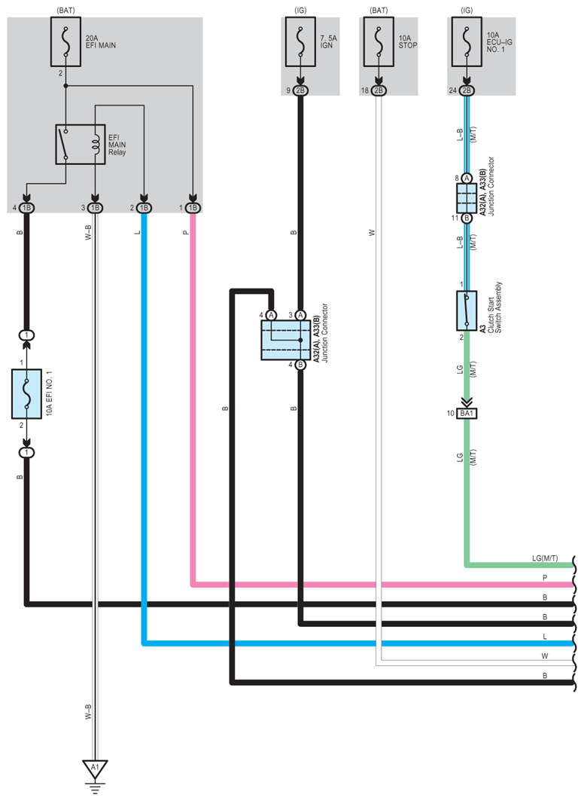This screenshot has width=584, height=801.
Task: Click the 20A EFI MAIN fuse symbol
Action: click(65, 42)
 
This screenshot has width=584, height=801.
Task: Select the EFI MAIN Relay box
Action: click(80, 145)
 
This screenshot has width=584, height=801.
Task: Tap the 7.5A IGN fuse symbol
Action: click(300, 42)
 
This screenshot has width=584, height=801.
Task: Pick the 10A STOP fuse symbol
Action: click(379, 42)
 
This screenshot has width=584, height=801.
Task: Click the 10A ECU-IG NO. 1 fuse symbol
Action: click(467, 42)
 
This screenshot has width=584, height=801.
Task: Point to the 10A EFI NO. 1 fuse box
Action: click(26, 394)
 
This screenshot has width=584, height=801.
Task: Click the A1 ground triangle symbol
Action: click(95, 769)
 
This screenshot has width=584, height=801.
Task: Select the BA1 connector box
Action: click(467, 413)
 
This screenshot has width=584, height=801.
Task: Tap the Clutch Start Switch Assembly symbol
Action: click(467, 310)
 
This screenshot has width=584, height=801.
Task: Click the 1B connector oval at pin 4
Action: click(26, 208)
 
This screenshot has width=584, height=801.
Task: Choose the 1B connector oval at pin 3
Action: click(95, 208)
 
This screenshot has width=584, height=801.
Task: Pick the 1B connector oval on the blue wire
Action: click(144, 208)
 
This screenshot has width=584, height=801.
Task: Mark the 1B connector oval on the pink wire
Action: click(193, 208)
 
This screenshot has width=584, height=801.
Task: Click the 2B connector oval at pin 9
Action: click(300, 90)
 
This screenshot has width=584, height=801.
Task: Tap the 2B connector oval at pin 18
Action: click(379, 90)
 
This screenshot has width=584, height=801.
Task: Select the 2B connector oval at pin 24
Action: click(467, 90)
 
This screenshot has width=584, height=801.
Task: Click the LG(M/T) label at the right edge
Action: click(545, 558)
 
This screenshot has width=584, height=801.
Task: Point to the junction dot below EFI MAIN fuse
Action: click(65, 86)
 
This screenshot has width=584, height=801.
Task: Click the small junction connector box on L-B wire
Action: click(467, 198)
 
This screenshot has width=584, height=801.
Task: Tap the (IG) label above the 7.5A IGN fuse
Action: click(300, 10)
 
